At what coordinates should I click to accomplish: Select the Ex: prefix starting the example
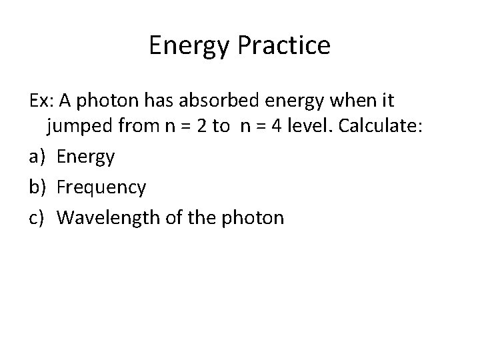(41, 101)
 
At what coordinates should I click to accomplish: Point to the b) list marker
(37, 187)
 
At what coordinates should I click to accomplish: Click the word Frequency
(101, 187)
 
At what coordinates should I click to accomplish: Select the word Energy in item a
(86, 158)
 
